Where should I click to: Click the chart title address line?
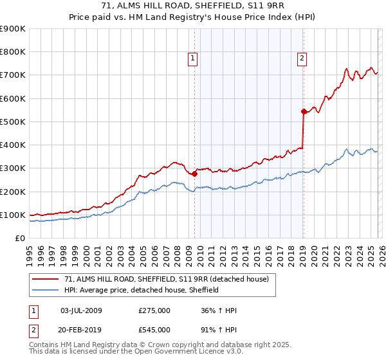coord(192,7)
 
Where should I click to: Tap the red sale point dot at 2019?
coord(303,111)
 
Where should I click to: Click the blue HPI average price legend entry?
coord(142,290)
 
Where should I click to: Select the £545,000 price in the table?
coord(154,329)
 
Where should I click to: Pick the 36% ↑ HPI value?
coord(218,310)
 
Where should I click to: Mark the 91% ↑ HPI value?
coord(218,329)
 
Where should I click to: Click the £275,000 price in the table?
coord(154,310)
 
